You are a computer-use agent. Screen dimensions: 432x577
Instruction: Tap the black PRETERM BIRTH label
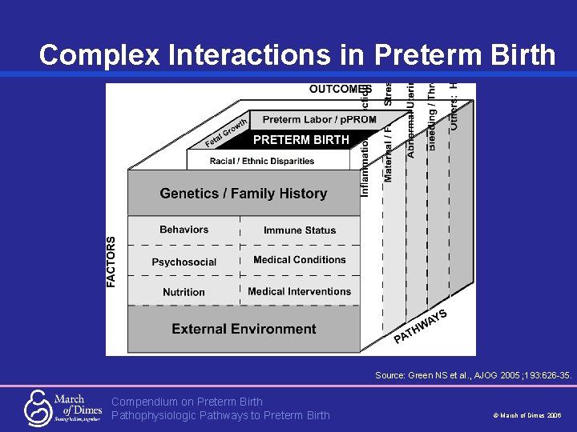click(x=301, y=140)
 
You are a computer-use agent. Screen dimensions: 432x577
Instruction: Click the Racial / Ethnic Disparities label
click(x=262, y=161)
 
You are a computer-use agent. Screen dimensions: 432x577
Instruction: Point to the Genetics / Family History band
click(x=244, y=194)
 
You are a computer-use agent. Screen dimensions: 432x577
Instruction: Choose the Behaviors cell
click(x=184, y=230)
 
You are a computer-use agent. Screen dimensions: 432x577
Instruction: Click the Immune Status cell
click(x=300, y=230)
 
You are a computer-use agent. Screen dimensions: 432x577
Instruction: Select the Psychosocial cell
click(x=184, y=262)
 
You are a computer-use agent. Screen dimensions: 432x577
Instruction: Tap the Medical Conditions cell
click(x=300, y=260)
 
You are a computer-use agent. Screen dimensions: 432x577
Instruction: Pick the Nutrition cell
click(x=184, y=292)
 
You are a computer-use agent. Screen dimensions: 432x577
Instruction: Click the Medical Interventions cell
click(x=300, y=291)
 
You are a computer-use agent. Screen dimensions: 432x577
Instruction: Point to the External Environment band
click(x=244, y=329)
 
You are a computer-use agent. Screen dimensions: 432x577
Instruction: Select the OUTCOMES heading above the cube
click(x=340, y=89)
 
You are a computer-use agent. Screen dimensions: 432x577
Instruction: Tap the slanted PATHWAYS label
click(x=420, y=326)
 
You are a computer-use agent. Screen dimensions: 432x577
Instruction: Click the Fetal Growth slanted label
click(x=225, y=134)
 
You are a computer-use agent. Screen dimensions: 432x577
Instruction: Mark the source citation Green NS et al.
click(x=473, y=374)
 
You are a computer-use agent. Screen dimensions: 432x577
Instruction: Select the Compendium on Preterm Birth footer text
click(x=187, y=402)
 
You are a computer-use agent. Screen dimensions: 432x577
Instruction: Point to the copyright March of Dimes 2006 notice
click(x=527, y=416)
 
